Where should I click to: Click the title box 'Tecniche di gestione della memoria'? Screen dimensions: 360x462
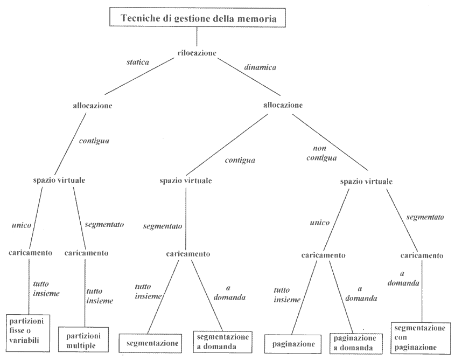click(x=198, y=18)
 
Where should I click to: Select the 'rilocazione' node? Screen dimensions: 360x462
click(x=197, y=53)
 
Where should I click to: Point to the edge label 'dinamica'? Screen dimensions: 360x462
click(x=261, y=68)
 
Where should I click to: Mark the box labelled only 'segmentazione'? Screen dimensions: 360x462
click(x=152, y=342)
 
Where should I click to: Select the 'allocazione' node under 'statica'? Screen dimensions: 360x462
click(x=92, y=106)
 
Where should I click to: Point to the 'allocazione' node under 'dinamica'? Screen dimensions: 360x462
click(x=282, y=105)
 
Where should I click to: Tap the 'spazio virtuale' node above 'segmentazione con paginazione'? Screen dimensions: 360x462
click(x=367, y=182)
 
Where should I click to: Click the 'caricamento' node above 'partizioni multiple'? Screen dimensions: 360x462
click(x=86, y=252)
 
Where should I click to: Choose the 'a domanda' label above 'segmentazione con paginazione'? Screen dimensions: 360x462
click(x=408, y=279)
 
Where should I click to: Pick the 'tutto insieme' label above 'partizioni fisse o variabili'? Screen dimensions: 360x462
click(x=46, y=289)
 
